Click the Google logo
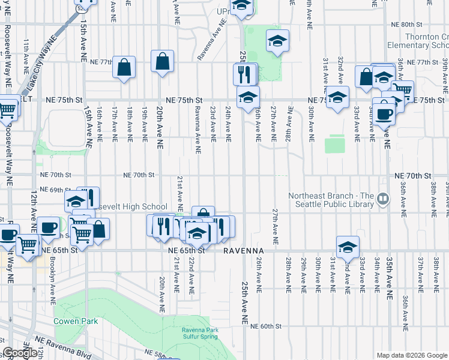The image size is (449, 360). [x=19, y=353]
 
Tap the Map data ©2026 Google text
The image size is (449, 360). [x=412, y=355]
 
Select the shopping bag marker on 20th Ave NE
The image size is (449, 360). [x=163, y=61]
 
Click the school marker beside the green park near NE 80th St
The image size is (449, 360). [x=277, y=41]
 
